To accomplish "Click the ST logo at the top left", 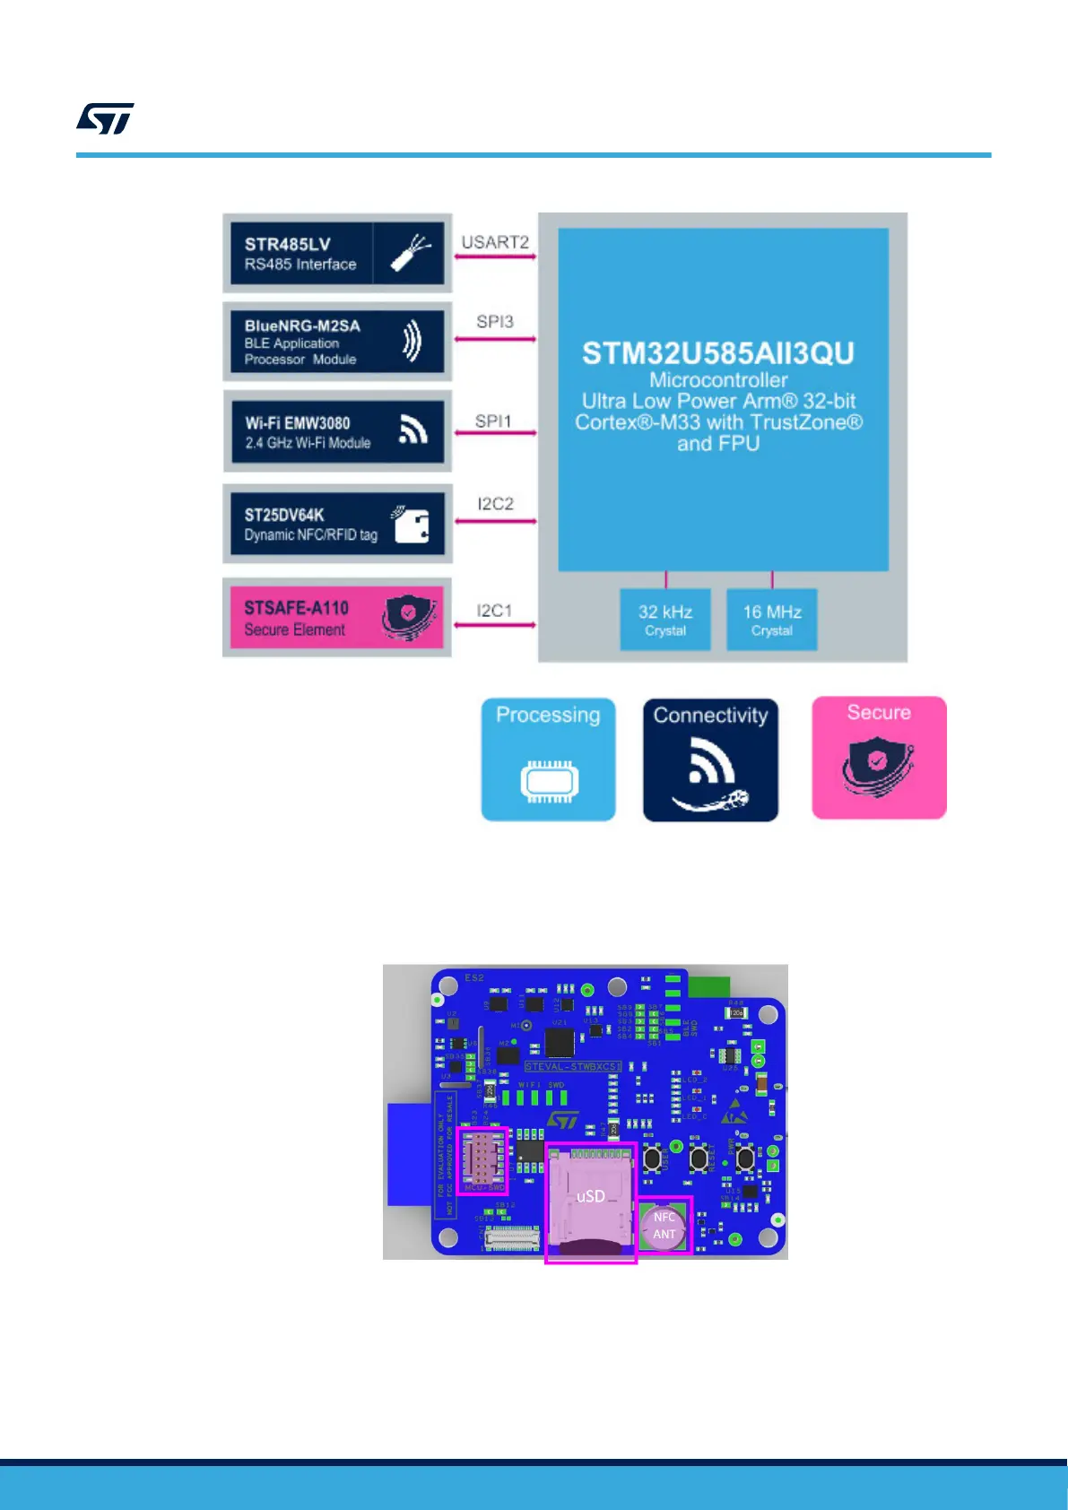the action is coord(105,118).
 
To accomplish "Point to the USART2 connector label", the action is coord(495,242).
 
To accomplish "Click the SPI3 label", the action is coord(495,322).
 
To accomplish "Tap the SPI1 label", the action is coord(493,421).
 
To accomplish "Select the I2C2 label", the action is coord(495,504).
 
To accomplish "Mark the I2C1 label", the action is coord(494,611).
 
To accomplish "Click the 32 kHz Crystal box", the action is coord(665,620).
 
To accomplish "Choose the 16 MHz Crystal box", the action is coord(772,620).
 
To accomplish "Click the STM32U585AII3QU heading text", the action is coord(718,353).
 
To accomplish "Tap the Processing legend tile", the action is coord(548,759).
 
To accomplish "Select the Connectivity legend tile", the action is coord(710,759).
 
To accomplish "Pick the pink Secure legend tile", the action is coord(879,758).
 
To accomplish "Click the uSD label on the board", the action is coord(590,1196).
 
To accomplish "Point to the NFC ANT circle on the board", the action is coord(664,1226).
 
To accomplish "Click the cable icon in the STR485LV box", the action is coord(410,254).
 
